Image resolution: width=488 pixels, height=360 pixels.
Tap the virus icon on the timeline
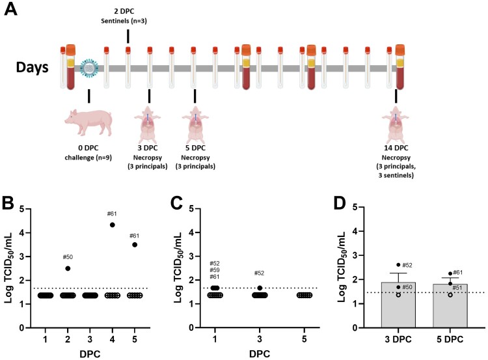(x=88, y=68)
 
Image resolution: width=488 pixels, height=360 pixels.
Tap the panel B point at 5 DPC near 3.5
(x=135, y=245)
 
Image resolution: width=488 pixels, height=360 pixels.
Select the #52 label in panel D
(x=409, y=265)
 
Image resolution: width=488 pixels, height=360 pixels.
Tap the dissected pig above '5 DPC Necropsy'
(x=195, y=124)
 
